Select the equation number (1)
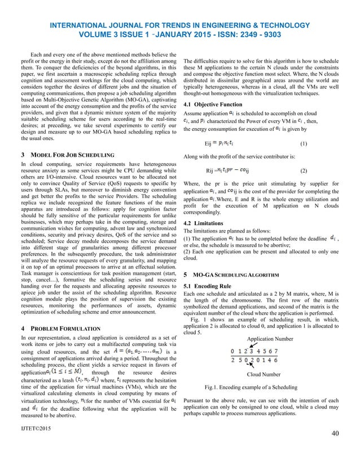(x=304, y=143)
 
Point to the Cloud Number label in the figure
(x=265, y=374)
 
